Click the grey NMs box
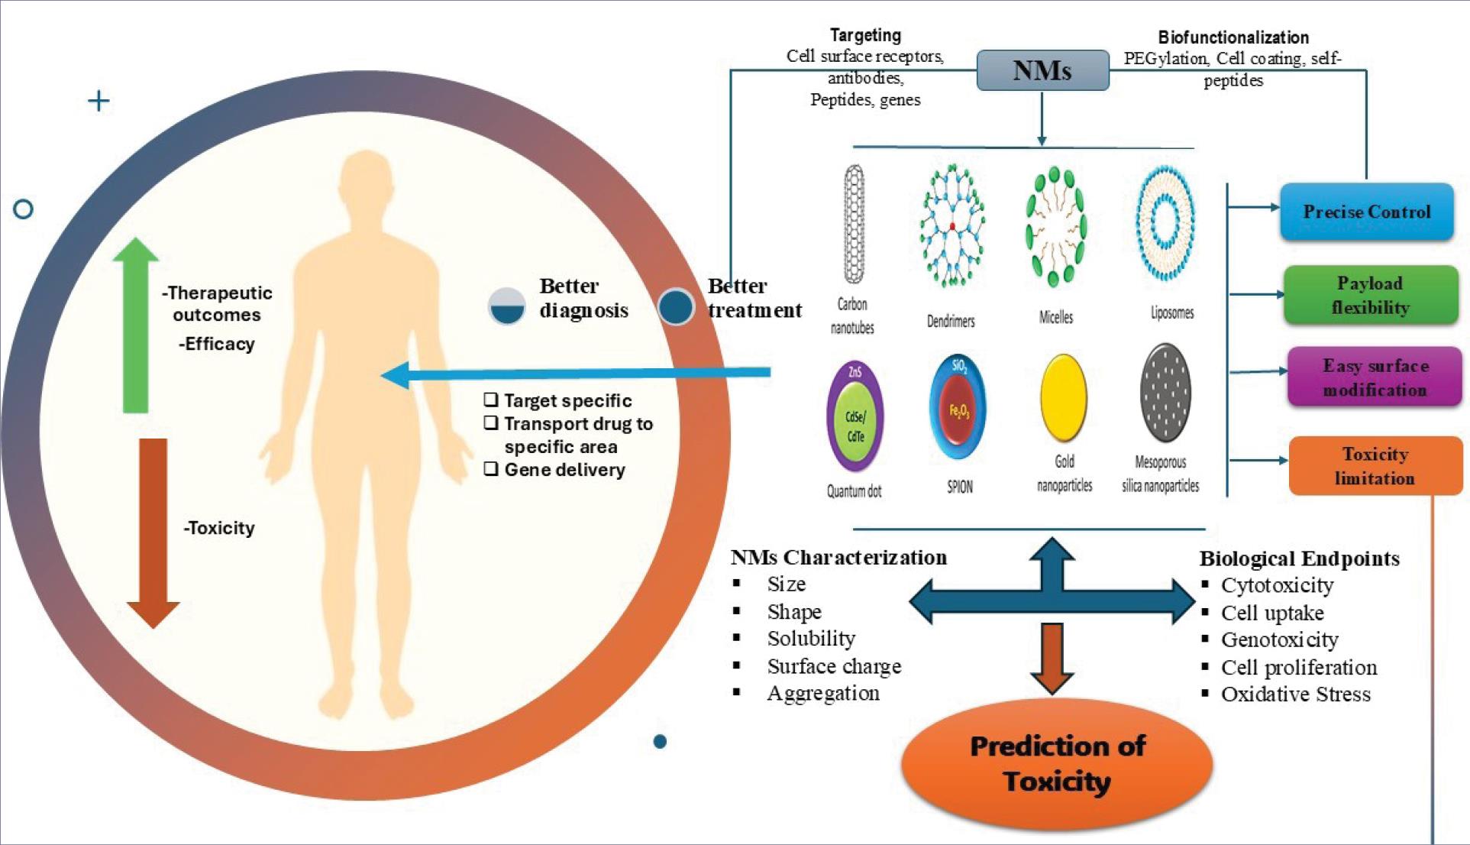coord(1042,70)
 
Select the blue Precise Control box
coord(1366,212)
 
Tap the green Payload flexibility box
coord(1370,295)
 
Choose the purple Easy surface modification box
coord(1374,377)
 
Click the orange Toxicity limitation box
coord(1375,466)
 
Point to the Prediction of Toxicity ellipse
coord(1057,763)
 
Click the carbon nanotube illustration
coord(854,224)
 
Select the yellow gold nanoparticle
coord(1063,397)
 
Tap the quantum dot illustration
coord(855,416)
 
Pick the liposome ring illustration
coord(1165,222)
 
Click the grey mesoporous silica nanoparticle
coord(1165,393)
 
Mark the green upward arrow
coord(136,325)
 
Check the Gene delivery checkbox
coord(491,469)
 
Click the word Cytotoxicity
coord(1277,585)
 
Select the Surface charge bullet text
coord(834,666)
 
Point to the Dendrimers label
coord(951,322)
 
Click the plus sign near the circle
coord(99,101)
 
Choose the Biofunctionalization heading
coord(1233,37)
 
